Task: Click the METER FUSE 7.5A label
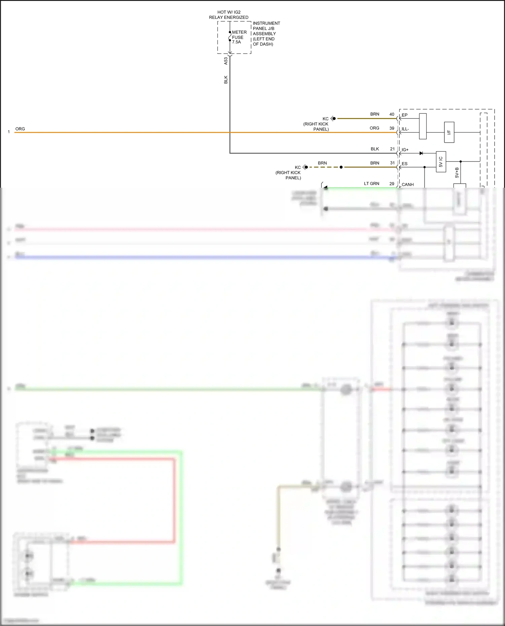(239, 37)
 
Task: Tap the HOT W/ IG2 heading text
(229, 12)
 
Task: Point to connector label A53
(226, 61)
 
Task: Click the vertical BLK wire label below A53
(226, 79)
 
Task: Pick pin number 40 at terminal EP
(392, 114)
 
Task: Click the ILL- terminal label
(405, 129)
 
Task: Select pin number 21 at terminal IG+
(392, 149)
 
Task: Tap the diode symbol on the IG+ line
(421, 153)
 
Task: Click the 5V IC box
(441, 162)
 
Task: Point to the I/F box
(449, 133)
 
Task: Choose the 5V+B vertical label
(457, 173)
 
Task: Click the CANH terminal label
(407, 185)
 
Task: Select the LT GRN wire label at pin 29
(371, 184)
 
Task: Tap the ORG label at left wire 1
(20, 129)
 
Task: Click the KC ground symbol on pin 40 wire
(333, 118)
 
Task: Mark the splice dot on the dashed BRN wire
(341, 167)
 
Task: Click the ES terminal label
(404, 164)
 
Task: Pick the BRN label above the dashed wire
(322, 163)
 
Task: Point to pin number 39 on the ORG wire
(392, 128)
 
